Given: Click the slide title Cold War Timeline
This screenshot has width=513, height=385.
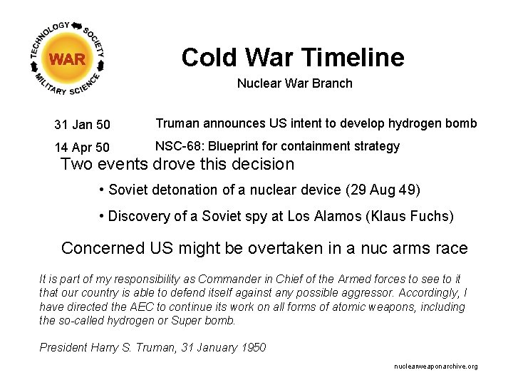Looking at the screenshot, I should click(292, 57).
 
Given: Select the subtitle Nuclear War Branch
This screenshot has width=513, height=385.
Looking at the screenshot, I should click(294, 83).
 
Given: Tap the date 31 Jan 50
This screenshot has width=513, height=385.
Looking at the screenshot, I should click(82, 125).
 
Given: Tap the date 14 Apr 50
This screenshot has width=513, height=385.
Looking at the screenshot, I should click(82, 148).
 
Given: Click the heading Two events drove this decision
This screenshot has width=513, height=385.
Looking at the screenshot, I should click(177, 164).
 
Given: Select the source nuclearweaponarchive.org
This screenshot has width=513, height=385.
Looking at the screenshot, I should click(435, 366).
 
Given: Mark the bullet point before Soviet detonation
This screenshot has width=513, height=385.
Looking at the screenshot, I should click(103, 190).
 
